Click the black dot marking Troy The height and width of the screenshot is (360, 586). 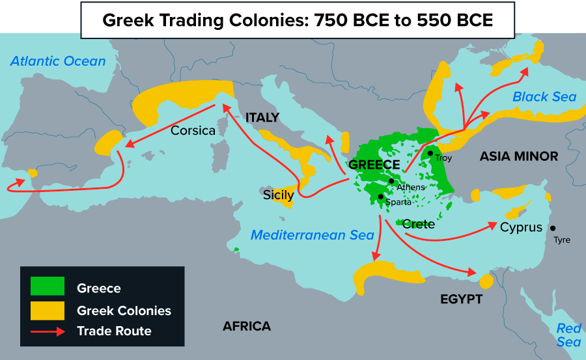[x=430, y=154]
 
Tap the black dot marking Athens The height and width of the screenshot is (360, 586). [x=391, y=181]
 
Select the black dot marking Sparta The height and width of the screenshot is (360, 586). [x=381, y=196]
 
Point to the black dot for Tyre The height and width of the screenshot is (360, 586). [x=553, y=228]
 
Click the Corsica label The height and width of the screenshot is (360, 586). [x=193, y=131]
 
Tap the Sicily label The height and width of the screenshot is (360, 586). [x=279, y=195]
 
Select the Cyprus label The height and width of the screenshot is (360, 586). [x=521, y=227]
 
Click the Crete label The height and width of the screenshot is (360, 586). [x=418, y=224]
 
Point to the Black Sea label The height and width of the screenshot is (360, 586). [x=544, y=97]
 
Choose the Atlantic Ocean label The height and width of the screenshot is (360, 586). [x=58, y=61]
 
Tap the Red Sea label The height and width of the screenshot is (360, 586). [x=568, y=335]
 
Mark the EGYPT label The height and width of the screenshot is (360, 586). [x=461, y=299]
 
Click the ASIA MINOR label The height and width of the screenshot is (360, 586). [x=519, y=156]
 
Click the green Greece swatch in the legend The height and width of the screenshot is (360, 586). [x=48, y=286]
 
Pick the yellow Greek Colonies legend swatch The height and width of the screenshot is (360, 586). [x=48, y=310]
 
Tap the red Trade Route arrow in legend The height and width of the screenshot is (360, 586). [x=48, y=331]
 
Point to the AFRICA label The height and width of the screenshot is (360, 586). [x=246, y=326]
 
